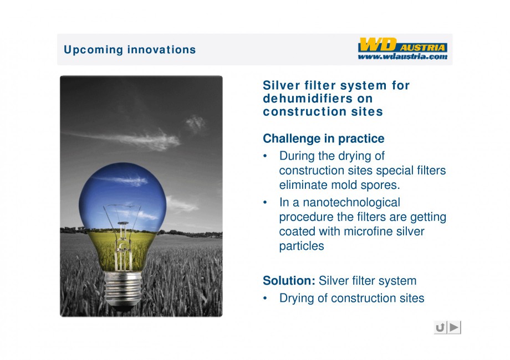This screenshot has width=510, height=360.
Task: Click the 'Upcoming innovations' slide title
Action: tap(130, 50)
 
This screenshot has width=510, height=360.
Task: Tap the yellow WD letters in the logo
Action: tap(378, 44)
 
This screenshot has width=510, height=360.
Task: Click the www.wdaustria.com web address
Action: tap(402, 56)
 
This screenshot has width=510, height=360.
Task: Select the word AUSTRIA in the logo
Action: tap(422, 48)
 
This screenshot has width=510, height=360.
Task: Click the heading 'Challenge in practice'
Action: tap(324, 138)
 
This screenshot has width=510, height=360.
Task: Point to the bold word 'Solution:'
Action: tap(289, 280)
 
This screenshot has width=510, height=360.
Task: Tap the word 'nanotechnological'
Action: tap(351, 202)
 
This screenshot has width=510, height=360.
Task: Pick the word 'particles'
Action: tap(302, 246)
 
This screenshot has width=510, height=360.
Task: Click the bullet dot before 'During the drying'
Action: tap(265, 157)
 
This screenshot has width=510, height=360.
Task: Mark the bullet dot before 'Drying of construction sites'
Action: tap(265, 299)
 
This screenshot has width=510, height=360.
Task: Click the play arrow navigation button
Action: tap(455, 327)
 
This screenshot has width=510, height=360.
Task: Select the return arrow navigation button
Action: tap(440, 327)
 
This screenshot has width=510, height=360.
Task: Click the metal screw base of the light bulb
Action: tap(123, 289)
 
